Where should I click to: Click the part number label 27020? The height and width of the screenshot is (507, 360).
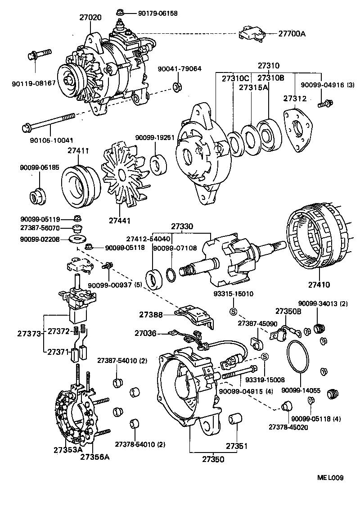coord(90,17)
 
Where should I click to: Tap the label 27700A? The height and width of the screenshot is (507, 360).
coord(292,33)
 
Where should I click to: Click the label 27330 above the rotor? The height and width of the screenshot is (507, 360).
coord(181,227)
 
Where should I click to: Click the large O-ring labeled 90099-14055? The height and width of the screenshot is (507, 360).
coord(297,356)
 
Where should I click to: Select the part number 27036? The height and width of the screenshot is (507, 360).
coord(145,333)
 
